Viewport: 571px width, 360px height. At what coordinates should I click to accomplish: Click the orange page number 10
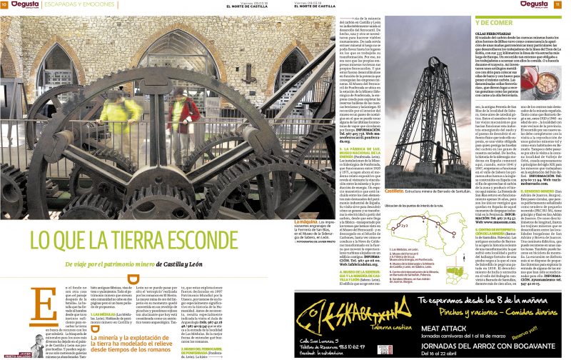pyautogui.click(x=4, y=4)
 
